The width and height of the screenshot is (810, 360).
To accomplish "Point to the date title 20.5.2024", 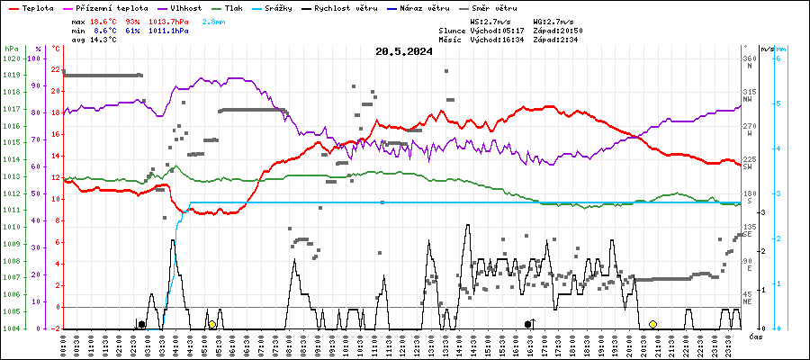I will [x=404, y=51].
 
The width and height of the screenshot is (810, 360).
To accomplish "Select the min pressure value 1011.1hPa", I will [x=170, y=30].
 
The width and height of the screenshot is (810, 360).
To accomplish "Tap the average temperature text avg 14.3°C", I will [x=94, y=40].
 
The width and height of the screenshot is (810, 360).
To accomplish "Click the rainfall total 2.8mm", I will [x=214, y=20].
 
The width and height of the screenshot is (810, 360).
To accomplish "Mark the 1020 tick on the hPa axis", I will [x=12, y=59].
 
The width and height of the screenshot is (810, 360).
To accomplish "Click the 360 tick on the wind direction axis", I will [x=749, y=59].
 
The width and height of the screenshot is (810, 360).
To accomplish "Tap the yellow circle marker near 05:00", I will [x=212, y=324].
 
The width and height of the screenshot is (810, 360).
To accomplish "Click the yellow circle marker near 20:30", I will [x=652, y=324].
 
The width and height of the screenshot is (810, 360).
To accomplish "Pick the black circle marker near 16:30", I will [x=528, y=324].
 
